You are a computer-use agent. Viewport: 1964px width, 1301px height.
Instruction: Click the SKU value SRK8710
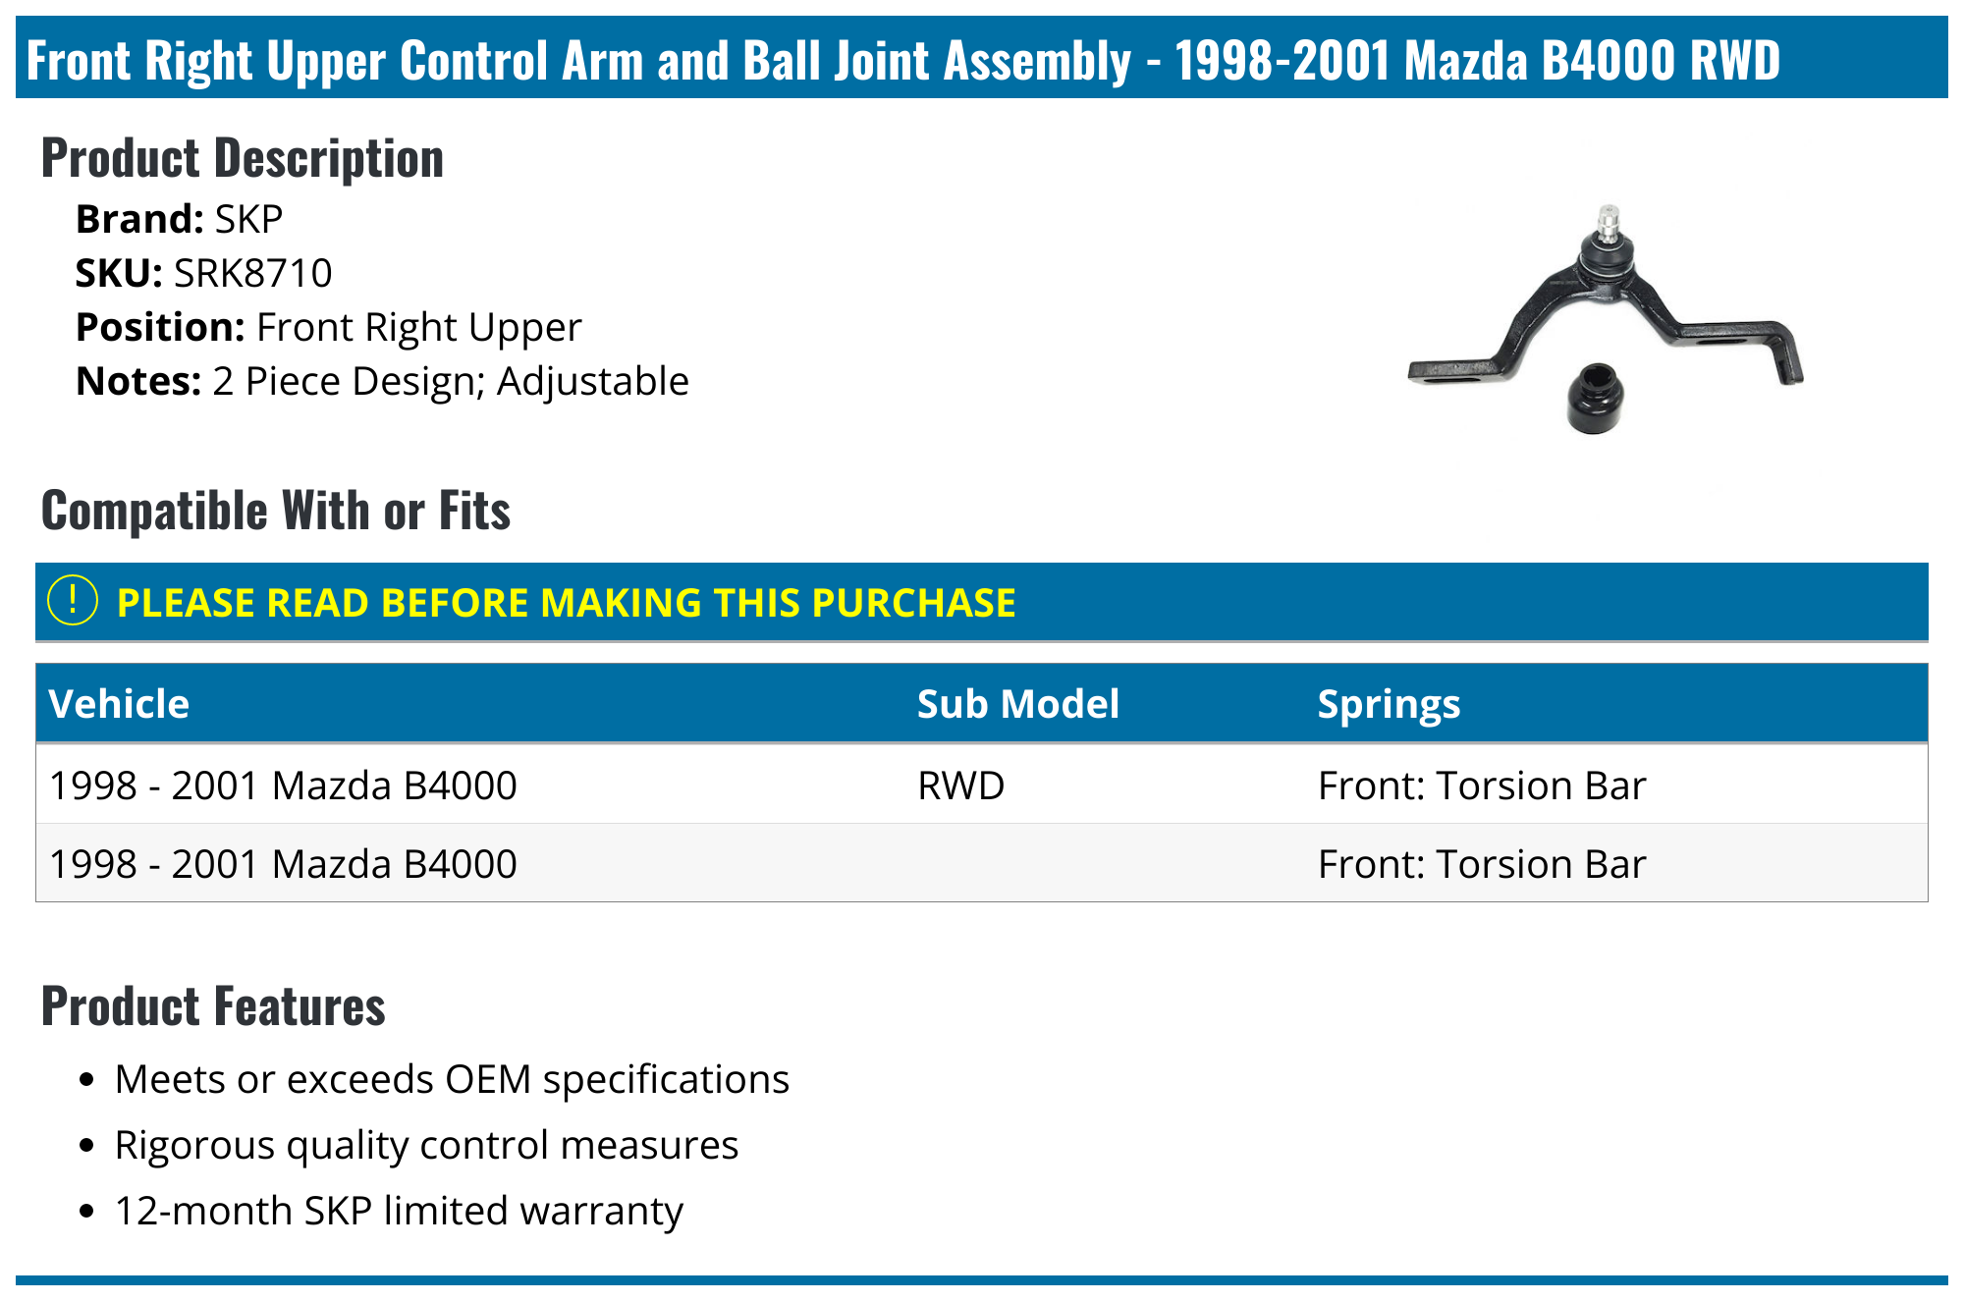tap(252, 273)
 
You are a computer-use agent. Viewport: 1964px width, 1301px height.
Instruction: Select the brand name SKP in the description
tap(248, 219)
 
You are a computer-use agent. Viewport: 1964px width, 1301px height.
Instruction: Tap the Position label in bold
tap(160, 327)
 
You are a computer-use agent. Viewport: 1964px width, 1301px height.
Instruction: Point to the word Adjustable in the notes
tap(592, 381)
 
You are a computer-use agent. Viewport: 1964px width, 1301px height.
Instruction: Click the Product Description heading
tap(243, 158)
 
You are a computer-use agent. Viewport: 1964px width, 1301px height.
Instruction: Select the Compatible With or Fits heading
tap(276, 511)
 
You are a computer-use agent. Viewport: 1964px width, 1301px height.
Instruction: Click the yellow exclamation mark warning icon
tap(73, 601)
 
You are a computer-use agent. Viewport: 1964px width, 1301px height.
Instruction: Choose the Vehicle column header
tap(119, 704)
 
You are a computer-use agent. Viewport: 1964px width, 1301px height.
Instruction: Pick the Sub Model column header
tap(1017, 704)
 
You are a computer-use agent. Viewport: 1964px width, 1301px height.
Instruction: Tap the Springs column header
tap(1389, 704)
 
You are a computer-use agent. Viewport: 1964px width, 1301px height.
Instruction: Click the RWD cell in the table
tap(960, 786)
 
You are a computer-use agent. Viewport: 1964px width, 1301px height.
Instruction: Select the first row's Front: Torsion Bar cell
tap(1481, 786)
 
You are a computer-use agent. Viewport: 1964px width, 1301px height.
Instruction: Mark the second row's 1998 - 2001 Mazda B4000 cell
tap(283, 864)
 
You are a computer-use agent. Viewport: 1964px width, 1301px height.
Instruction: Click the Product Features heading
tap(213, 1006)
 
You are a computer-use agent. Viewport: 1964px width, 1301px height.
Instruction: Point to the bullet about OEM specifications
tap(452, 1079)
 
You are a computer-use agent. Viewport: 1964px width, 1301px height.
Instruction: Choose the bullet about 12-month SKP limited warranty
tap(399, 1211)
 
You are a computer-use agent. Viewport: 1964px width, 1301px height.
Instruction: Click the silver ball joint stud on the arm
tap(1608, 224)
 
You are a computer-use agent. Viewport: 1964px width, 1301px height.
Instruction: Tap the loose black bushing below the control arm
tap(1594, 398)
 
